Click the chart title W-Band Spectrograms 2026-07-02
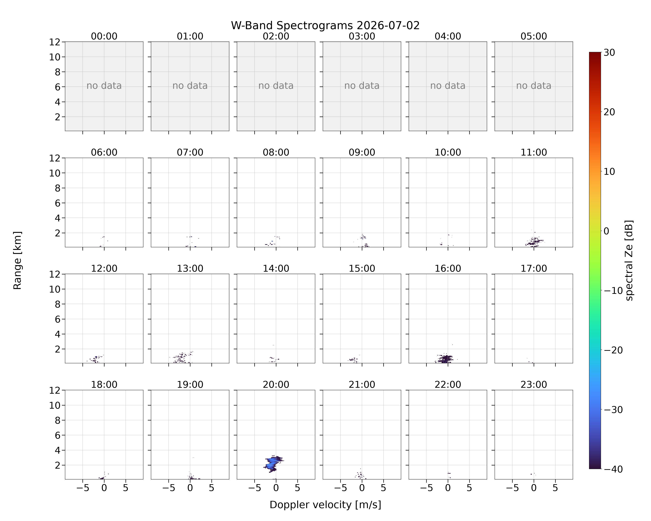tap(325, 26)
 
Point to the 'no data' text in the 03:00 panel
tap(362, 86)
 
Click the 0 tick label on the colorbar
tap(606, 231)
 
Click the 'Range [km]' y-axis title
tap(18, 260)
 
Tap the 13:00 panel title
tap(190, 268)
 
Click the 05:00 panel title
tap(533, 36)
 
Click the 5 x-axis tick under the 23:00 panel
tap(555, 488)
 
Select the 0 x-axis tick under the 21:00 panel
tap(362, 488)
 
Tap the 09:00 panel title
tap(362, 152)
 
